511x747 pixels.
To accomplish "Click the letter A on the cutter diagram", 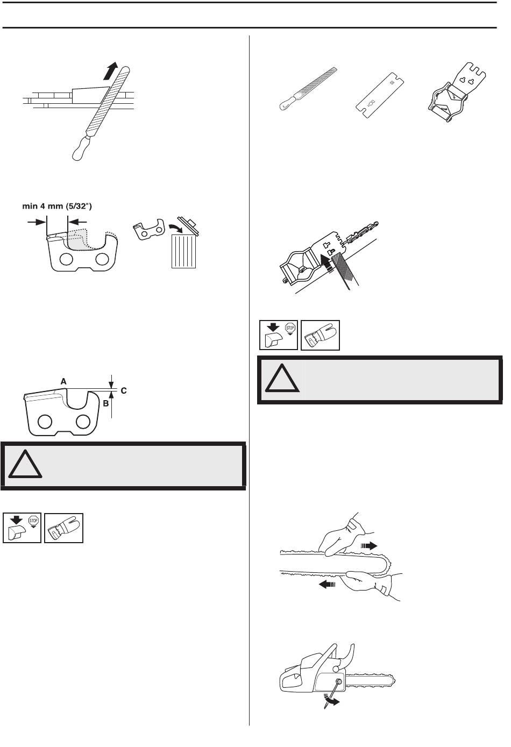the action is click(63, 381).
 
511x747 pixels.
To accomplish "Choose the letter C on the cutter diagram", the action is click(123, 390).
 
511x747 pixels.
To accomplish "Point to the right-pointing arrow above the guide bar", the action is click(369, 545).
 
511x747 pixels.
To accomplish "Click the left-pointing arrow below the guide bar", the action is click(327, 583).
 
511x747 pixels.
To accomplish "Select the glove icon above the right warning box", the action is click(321, 335).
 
